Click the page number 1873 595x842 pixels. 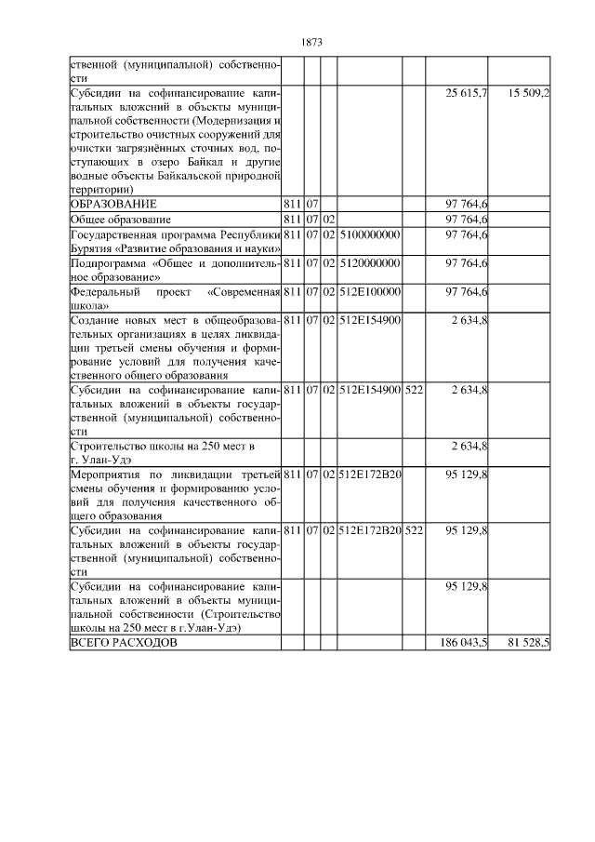click(312, 42)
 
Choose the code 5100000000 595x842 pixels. click(369, 234)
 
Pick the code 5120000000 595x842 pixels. click(369, 263)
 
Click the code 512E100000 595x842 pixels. click(369, 292)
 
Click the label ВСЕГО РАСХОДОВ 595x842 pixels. click(122, 644)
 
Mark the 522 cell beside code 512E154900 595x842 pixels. click(414, 388)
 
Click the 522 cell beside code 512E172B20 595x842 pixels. click(414, 529)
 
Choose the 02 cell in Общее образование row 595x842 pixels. click(328, 219)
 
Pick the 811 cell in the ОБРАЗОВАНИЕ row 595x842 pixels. click(292, 204)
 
